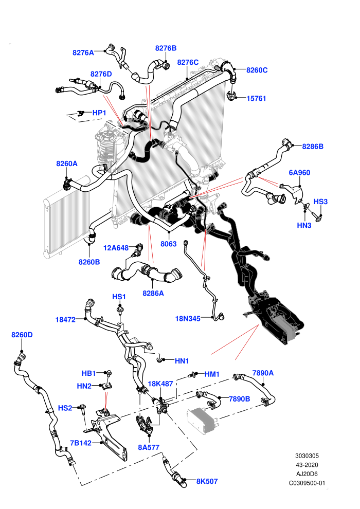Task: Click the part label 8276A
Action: click(83, 52)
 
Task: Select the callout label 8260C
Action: click(257, 70)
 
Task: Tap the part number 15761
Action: click(256, 98)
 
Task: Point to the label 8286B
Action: click(313, 147)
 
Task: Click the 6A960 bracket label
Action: click(299, 173)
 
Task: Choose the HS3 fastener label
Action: click(320, 202)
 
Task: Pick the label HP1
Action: click(99, 113)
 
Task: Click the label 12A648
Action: click(116, 248)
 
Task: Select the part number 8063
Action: click(169, 244)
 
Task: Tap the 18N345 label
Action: click(188, 318)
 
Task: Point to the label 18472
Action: click(65, 319)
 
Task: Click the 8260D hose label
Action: click(22, 335)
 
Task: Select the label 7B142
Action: click(81, 443)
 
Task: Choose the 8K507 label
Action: click(207, 481)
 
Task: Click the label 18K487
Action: click(160, 384)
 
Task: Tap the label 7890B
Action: click(239, 399)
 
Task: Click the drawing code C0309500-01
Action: click(307, 483)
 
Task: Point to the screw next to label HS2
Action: click(83, 409)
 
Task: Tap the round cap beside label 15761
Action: click(231, 96)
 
